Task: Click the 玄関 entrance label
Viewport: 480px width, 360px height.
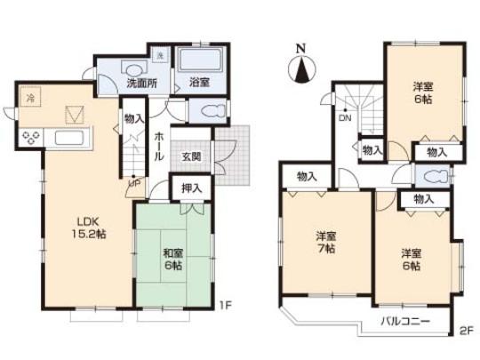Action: pos(191,156)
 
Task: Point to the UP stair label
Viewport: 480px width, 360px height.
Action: pos(135,184)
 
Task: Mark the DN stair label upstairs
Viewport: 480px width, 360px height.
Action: pos(343,117)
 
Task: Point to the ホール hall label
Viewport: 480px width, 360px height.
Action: pos(158,147)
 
